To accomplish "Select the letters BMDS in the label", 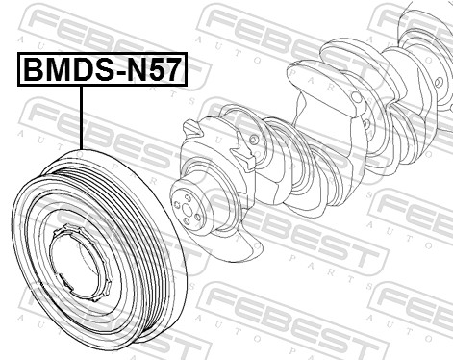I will (60, 71).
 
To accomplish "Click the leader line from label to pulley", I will (83, 116).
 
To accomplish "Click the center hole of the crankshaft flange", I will (187, 208).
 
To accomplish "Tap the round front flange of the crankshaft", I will (189, 207).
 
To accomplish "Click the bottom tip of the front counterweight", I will (252, 252).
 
